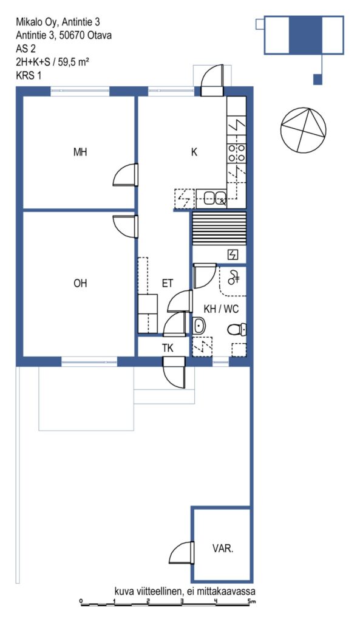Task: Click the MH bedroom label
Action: (80, 152)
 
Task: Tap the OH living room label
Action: (80, 283)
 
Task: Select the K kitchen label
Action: (194, 152)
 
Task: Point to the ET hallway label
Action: (168, 283)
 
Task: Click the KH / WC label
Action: (221, 309)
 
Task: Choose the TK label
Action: (168, 348)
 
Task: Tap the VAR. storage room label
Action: (223, 549)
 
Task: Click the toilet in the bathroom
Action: (237, 329)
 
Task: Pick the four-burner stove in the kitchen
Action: (237, 152)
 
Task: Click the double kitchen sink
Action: (214, 198)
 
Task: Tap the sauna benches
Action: (219, 230)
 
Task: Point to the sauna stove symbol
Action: (233, 255)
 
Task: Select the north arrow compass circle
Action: (304, 130)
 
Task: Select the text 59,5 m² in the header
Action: (73, 63)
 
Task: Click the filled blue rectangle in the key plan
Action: (305, 35)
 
